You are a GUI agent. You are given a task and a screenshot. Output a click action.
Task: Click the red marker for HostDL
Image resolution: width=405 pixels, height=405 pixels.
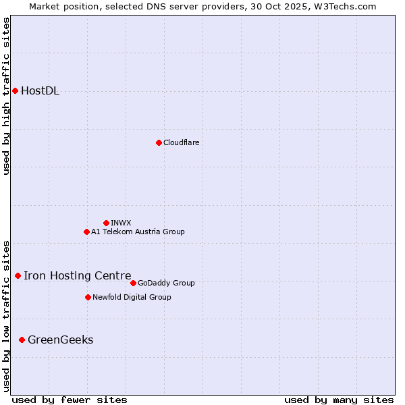tap(15, 91)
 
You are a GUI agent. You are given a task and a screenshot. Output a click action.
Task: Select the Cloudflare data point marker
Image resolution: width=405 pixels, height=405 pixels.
tap(159, 142)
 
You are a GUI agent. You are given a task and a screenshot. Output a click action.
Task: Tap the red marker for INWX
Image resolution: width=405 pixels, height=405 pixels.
tap(106, 223)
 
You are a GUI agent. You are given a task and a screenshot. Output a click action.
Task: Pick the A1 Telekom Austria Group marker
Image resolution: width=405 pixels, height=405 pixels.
tap(86, 232)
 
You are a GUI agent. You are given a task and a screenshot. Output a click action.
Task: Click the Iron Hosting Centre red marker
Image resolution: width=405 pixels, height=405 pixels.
tap(18, 275)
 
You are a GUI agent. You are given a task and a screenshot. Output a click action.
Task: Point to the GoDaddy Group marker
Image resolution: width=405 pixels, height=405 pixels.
tap(133, 283)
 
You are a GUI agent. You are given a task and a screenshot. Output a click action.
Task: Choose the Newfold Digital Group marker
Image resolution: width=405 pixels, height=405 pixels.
tap(88, 297)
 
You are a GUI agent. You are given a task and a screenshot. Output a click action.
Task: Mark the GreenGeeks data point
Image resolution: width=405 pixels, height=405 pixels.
tap(22, 340)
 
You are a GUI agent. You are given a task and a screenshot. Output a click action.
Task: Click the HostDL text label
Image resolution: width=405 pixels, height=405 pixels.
tap(40, 91)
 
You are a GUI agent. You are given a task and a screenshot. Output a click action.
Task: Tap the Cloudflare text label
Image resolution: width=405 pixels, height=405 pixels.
tap(181, 142)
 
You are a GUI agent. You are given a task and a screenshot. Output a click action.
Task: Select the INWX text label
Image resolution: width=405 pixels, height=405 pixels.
tap(121, 223)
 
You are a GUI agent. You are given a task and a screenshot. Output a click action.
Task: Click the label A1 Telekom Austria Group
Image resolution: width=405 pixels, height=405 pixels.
tap(138, 232)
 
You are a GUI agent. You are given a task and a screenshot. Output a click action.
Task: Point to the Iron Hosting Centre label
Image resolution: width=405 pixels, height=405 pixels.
tap(78, 275)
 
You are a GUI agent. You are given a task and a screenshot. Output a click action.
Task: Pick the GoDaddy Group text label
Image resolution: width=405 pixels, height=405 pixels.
tap(166, 283)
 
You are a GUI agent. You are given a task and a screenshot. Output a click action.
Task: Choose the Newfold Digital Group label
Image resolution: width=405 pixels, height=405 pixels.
tap(132, 297)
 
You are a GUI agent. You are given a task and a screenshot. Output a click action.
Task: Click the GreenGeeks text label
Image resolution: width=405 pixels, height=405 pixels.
tap(61, 340)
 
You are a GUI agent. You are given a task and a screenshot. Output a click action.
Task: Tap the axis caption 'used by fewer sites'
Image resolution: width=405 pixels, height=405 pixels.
tap(70, 400)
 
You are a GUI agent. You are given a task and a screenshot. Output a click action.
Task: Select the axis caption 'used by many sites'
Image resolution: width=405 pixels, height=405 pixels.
tap(339, 400)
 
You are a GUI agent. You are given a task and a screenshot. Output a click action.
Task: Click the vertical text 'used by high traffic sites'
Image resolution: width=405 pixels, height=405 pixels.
tap(6, 96)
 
